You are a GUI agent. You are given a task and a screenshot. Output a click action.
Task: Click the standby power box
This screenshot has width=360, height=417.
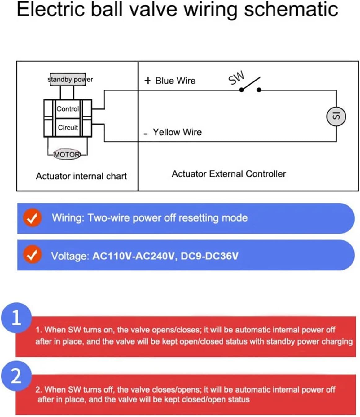[x=68, y=79]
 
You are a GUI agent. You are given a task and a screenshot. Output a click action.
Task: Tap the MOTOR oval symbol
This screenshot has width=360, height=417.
[x=67, y=154]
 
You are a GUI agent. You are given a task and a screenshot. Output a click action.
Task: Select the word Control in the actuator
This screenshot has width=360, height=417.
[x=68, y=109]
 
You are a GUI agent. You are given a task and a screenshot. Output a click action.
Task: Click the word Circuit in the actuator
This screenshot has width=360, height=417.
[x=68, y=128]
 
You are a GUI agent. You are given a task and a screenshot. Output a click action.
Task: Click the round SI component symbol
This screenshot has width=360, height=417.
[x=336, y=116]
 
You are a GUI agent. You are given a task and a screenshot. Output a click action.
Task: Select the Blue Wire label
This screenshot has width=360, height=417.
[x=175, y=81]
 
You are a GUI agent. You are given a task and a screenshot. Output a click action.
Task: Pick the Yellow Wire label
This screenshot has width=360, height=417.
[x=177, y=132]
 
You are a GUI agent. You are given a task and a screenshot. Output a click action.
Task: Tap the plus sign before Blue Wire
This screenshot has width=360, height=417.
[x=147, y=81]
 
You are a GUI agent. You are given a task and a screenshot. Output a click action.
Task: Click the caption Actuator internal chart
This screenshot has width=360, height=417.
[x=81, y=176]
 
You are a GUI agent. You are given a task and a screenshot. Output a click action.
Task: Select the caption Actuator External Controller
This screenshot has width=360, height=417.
[x=229, y=174]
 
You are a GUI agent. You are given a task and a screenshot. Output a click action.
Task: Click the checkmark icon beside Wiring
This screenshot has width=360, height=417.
[x=32, y=218]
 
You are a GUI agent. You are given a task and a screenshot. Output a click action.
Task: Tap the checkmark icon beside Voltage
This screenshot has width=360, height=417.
[x=32, y=255]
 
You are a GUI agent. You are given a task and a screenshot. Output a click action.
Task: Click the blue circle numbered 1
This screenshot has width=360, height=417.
[x=16, y=318]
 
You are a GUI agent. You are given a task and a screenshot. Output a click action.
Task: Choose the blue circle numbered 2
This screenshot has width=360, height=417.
[x=16, y=376]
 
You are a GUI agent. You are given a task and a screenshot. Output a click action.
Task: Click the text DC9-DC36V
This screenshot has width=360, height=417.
[x=209, y=256]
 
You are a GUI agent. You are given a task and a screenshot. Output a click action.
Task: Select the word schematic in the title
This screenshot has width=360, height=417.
[x=291, y=9]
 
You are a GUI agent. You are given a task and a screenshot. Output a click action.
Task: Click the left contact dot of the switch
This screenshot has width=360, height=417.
[x=241, y=90]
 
